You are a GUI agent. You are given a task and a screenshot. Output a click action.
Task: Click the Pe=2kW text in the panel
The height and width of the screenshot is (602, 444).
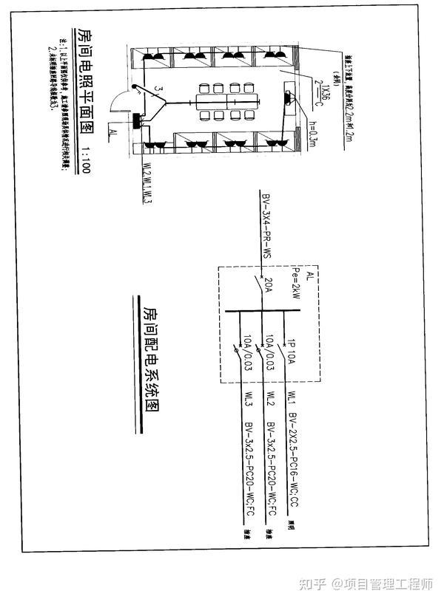pyautogui.click(x=297, y=284)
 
